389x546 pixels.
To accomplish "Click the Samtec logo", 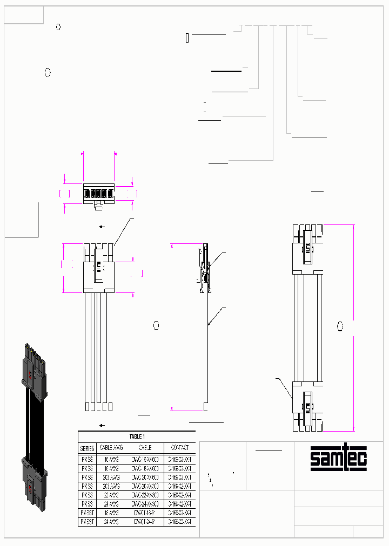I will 338,459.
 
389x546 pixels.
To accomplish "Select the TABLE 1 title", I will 137,436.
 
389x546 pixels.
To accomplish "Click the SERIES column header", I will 87,448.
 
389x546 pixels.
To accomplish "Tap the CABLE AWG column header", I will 111,448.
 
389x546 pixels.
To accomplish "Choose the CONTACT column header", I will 179,448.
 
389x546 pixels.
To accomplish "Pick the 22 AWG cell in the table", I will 111,494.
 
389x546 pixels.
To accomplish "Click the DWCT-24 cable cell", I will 145,522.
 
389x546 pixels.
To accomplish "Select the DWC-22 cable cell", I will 145,494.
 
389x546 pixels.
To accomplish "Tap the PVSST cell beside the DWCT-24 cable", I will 87,522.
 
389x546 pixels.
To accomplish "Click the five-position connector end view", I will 98,194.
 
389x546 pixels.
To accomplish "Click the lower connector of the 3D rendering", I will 32,477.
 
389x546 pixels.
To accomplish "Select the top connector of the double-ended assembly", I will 307,245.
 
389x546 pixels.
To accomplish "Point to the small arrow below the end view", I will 102,227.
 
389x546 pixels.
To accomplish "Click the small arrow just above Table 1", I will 102,425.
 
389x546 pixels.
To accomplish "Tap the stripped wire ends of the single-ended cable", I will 99,406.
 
